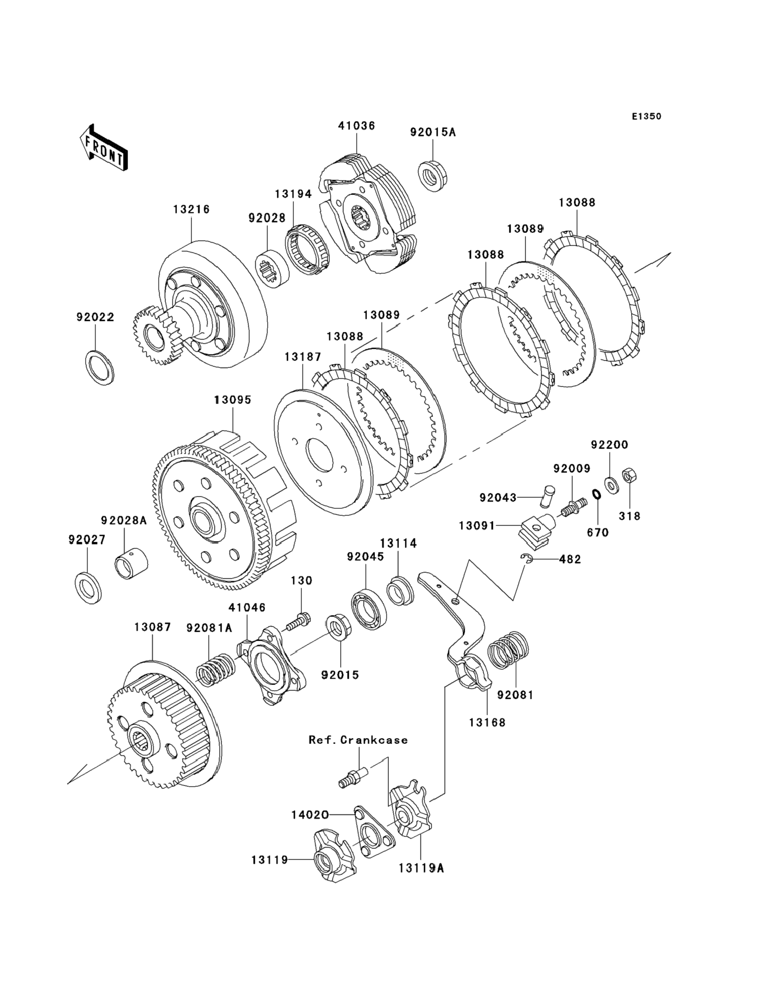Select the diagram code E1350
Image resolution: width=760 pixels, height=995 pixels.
click(646, 116)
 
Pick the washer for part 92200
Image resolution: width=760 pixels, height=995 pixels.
click(611, 485)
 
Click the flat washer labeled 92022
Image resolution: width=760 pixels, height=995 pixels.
click(99, 367)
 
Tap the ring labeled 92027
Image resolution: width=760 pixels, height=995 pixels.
click(88, 588)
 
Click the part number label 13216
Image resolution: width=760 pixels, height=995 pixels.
click(191, 209)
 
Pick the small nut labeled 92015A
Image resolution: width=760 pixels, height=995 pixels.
click(433, 176)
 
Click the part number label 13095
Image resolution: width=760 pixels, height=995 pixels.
click(233, 400)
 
